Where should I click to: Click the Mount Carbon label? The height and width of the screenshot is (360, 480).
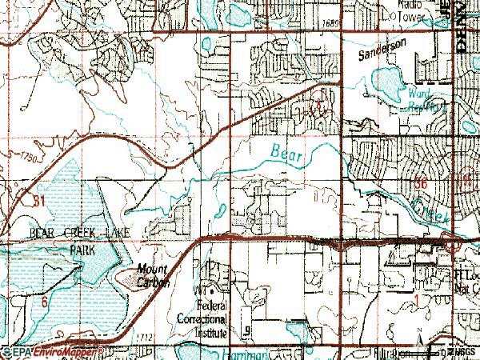click(x=152, y=274)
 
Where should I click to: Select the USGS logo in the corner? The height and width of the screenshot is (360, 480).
click(x=460, y=352)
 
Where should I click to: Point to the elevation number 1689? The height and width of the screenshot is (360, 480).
click(x=334, y=26)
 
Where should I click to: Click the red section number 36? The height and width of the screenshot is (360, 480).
click(x=424, y=183)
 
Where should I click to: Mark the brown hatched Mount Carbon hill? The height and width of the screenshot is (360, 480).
click(x=132, y=279)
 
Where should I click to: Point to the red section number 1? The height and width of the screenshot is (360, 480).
click(x=423, y=298)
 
